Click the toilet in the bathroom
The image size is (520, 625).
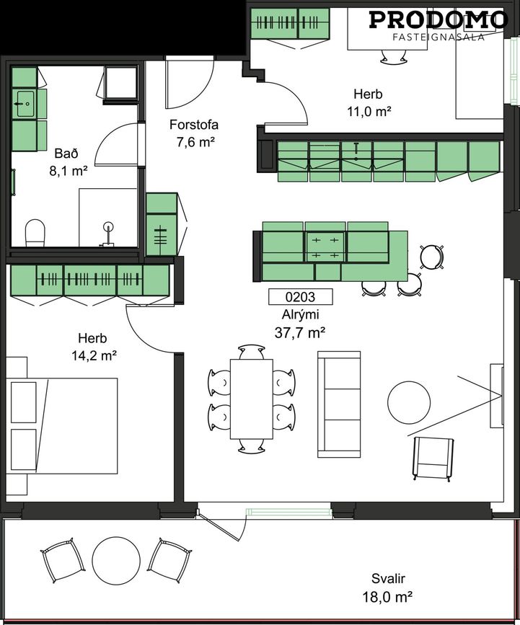click(x=35, y=233)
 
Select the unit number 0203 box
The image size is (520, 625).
click(x=300, y=296)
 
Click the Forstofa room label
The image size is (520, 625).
click(x=194, y=125)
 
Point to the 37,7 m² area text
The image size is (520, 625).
click(x=300, y=332)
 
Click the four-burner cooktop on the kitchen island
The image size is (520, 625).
click(x=325, y=247)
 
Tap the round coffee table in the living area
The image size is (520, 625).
click(x=409, y=402)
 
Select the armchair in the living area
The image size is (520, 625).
click(x=433, y=458)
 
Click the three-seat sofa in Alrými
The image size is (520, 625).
click(x=339, y=404)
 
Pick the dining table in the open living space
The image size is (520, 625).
click(x=252, y=399)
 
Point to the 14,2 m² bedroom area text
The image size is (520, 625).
click(x=94, y=355)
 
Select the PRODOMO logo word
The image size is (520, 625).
click(x=438, y=20)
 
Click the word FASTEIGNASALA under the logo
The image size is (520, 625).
click(x=439, y=37)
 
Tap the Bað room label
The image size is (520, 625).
click(x=66, y=154)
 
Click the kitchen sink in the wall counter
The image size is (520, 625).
click(x=357, y=153)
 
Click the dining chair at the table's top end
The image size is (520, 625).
click(x=252, y=353)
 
